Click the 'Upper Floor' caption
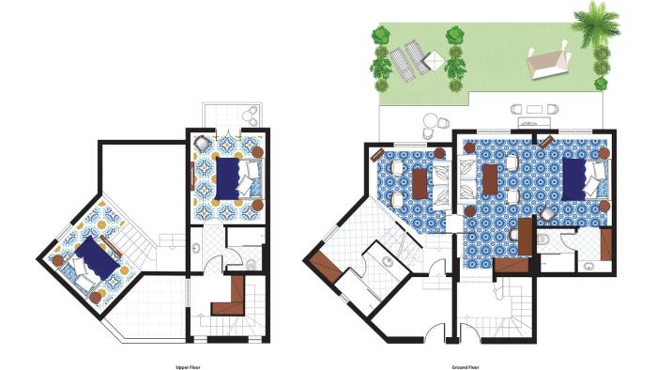click(188, 367)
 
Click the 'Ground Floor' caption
click(466, 367)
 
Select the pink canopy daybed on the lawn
click(547, 61)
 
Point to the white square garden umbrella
click(434, 61)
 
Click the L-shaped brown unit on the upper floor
click(231, 297)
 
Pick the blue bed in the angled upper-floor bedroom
click(92, 258)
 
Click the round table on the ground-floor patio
click(430, 121)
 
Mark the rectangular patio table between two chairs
click(534, 109)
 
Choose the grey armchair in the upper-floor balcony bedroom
click(203, 144)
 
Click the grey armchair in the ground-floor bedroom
click(548, 214)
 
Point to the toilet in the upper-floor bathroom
click(251, 265)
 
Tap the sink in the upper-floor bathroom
click(195, 249)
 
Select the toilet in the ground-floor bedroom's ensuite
click(543, 239)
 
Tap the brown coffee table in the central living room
click(490, 179)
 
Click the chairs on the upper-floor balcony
click(251, 116)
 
